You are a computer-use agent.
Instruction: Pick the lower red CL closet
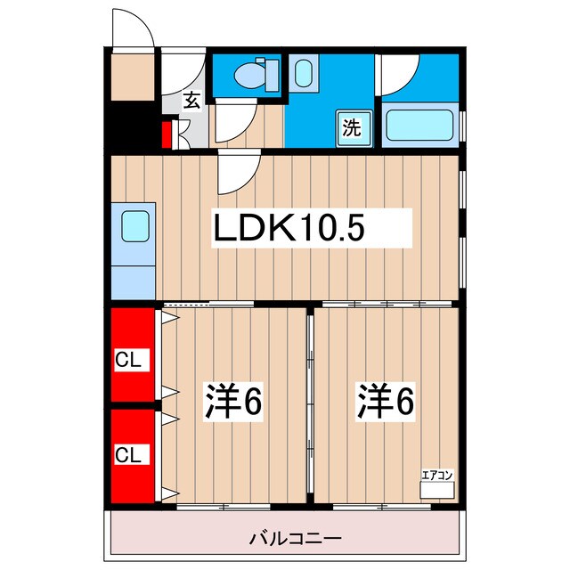tap(132, 453)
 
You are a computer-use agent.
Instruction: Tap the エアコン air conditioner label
tap(437, 476)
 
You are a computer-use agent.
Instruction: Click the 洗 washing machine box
tap(353, 126)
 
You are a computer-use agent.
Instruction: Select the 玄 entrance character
tap(191, 101)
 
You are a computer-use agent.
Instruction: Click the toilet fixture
tap(254, 73)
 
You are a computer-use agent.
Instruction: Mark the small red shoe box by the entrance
tap(167, 135)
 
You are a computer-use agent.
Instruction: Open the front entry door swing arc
tap(134, 30)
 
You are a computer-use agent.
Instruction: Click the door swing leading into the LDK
tap(238, 172)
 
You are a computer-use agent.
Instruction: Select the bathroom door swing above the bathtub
tap(399, 76)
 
